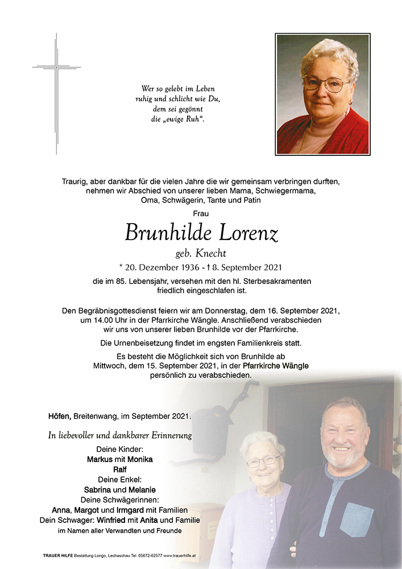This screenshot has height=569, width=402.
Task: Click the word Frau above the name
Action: coord(201,213)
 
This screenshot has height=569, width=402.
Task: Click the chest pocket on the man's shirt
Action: coord(357,519)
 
